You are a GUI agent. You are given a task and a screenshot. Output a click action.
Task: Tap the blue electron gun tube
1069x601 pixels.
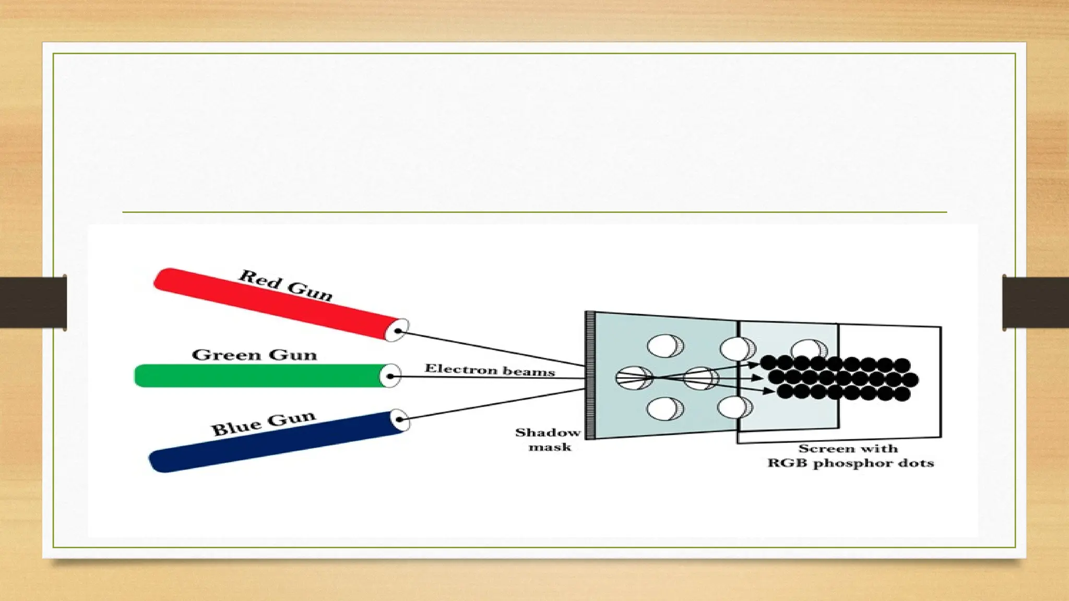click(271, 442)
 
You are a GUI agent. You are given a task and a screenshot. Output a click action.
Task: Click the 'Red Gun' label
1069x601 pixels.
click(286, 285)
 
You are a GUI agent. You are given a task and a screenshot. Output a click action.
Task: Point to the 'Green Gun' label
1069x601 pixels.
click(254, 355)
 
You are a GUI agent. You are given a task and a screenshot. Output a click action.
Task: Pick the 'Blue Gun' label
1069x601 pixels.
click(263, 423)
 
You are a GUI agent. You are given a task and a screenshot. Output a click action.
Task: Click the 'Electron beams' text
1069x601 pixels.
click(490, 370)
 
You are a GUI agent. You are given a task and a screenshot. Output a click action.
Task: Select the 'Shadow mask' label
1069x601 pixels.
click(548, 439)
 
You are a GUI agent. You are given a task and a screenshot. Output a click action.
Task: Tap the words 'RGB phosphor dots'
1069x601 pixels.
click(850, 463)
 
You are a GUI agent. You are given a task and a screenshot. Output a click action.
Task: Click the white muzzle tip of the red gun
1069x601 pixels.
click(397, 330)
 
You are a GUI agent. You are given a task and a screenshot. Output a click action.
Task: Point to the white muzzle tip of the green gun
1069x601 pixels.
click(390, 376)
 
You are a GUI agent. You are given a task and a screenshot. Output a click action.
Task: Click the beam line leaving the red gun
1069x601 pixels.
click(491, 348)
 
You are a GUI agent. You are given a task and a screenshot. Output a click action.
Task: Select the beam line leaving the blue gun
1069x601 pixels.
click(491, 404)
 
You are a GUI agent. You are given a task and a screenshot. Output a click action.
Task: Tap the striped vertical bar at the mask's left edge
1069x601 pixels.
click(590, 376)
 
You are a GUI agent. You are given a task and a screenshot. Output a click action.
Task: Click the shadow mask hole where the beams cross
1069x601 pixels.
click(634, 378)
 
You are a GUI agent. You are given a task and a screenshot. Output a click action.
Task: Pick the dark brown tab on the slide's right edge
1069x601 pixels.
click(1036, 303)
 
